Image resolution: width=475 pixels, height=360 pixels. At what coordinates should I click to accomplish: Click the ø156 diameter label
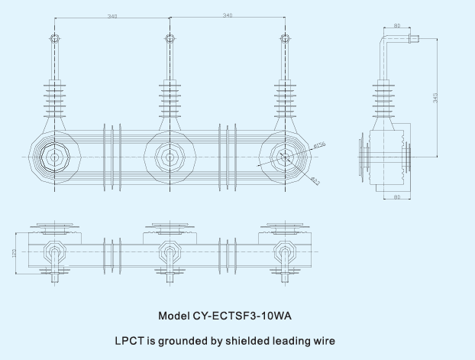click(x=319, y=144)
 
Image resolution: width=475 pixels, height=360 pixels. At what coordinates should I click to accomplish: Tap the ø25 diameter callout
click(x=315, y=180)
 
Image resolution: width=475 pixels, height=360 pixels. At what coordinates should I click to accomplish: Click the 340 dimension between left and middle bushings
click(x=112, y=16)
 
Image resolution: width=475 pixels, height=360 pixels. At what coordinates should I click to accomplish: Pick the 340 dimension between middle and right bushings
click(x=228, y=16)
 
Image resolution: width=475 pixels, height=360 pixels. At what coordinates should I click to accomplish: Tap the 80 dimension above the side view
click(x=397, y=26)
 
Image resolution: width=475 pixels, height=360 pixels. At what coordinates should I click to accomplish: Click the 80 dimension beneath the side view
click(x=396, y=198)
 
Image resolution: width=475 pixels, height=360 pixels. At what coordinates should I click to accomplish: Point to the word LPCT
click(x=129, y=340)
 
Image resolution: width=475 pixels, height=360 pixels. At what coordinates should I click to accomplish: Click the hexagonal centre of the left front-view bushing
click(x=54, y=157)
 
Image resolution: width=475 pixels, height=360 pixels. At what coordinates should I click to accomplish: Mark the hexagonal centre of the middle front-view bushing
click(x=169, y=157)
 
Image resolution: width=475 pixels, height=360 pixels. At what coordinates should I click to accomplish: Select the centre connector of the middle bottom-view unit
click(x=169, y=251)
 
